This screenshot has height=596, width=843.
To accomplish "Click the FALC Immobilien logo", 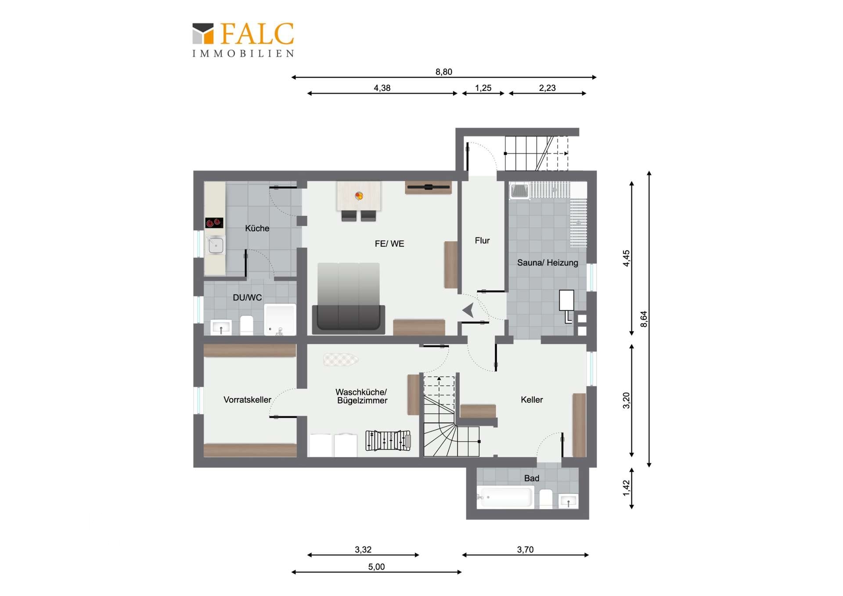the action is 243,40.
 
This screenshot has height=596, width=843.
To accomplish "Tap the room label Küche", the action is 257,228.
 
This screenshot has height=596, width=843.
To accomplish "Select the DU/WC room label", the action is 247,297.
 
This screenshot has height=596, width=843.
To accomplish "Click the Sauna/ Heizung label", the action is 548,263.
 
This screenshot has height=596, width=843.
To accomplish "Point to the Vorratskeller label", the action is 247,400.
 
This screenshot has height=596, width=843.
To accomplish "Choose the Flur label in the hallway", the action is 482,241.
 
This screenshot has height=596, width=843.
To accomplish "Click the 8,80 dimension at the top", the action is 444,72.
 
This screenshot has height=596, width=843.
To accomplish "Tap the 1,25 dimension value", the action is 483,88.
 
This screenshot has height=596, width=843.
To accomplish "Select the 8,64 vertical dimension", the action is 644,319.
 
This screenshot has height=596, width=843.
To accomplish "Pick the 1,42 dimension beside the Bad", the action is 627,488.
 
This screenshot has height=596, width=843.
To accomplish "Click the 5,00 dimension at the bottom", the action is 376,567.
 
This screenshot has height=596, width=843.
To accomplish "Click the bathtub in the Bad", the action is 505,497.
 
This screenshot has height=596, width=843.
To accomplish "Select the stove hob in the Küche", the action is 214,223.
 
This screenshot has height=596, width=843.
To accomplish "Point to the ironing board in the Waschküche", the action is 341,360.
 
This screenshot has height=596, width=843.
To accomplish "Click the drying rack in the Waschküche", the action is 388,441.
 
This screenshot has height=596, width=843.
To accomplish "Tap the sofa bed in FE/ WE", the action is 349,297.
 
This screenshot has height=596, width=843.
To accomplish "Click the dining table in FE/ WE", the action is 359,196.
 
